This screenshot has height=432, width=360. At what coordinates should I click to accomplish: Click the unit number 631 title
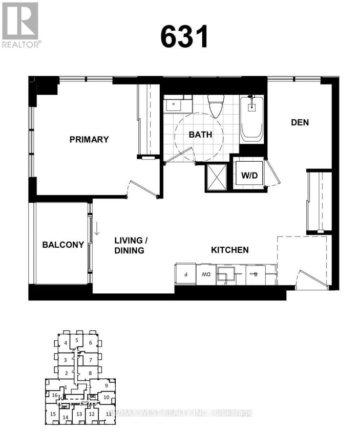pos(184,36)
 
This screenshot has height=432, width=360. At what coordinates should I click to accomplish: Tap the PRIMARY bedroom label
pos(89,139)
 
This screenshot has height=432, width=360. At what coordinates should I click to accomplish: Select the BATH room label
pos(200,135)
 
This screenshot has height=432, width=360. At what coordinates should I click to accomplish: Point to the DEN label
pos(300,122)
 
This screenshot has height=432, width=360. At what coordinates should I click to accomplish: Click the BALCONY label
pos(62,245)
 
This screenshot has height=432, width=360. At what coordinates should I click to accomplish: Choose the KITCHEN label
pos(230,250)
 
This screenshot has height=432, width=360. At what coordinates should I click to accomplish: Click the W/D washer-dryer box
pos(250,175)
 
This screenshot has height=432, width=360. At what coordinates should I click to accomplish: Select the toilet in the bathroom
pos(215,106)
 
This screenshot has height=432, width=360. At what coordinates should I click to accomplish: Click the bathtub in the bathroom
pos(251,119)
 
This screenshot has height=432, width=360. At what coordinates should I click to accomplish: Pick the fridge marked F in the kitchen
pos(185,274)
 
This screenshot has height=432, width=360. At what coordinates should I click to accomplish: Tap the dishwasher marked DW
pos(206,274)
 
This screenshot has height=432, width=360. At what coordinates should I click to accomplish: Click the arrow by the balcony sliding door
pos(96,226)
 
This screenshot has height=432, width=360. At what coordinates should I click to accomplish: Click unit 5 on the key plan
pos(76,340)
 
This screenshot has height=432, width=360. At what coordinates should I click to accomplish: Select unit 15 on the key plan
pos(52,414)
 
